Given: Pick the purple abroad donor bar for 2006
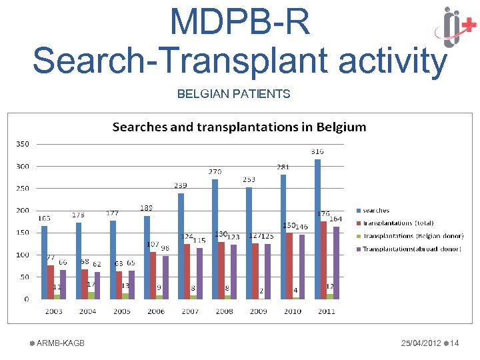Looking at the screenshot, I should pos(165,277).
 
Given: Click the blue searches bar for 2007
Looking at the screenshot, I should pos(181,246).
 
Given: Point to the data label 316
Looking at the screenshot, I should pos(317,152).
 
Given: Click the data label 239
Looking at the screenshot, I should pos(181,185).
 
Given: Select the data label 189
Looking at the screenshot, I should pos(147,208).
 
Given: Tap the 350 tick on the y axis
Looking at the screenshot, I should pos(23,143).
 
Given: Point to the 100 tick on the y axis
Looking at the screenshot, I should pos(23,255).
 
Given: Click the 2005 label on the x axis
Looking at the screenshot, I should pos(122,311).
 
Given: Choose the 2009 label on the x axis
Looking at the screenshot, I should pos(258,311).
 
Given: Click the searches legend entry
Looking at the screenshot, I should pos(376,211).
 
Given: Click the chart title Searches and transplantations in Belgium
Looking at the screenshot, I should pos(239,127).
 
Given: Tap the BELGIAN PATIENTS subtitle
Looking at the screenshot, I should pos(233,94).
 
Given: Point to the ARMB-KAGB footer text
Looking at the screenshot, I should pos(60,343).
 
